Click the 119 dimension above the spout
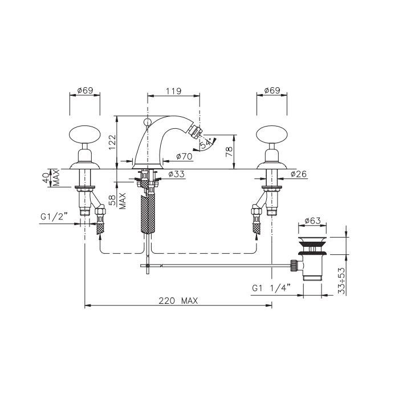pos(173,91)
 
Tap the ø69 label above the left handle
pos(85,90)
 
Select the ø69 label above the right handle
pos(272,90)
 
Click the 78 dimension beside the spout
pos(229,152)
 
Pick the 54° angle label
pos(206,143)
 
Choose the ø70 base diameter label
pos(184,156)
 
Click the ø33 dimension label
pos(176,174)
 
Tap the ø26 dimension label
pos(299,174)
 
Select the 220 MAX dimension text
pos(178,301)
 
